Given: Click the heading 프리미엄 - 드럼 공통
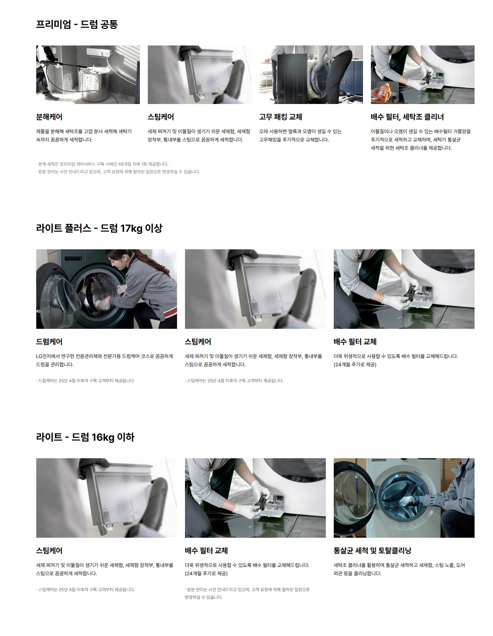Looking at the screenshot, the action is [77, 24].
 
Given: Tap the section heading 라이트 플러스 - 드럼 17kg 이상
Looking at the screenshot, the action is [99, 228].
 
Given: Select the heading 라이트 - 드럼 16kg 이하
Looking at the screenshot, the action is [85, 437].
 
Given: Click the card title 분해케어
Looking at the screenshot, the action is [49, 117].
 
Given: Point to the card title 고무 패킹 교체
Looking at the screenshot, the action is [280, 117].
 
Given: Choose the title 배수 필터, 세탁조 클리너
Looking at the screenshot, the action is [407, 117].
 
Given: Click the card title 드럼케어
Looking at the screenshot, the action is [49, 342].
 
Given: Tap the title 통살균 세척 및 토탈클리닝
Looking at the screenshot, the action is [373, 550].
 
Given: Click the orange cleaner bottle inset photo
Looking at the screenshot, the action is [385, 92].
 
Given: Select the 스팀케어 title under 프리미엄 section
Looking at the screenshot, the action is [161, 117].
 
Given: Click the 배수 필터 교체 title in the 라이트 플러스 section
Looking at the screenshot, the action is [355, 342].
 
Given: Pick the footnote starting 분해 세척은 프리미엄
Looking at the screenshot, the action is [102, 164].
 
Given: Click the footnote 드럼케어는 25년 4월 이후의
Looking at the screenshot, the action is [86, 381].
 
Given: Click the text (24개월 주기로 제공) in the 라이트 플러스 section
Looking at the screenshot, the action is [355, 364].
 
